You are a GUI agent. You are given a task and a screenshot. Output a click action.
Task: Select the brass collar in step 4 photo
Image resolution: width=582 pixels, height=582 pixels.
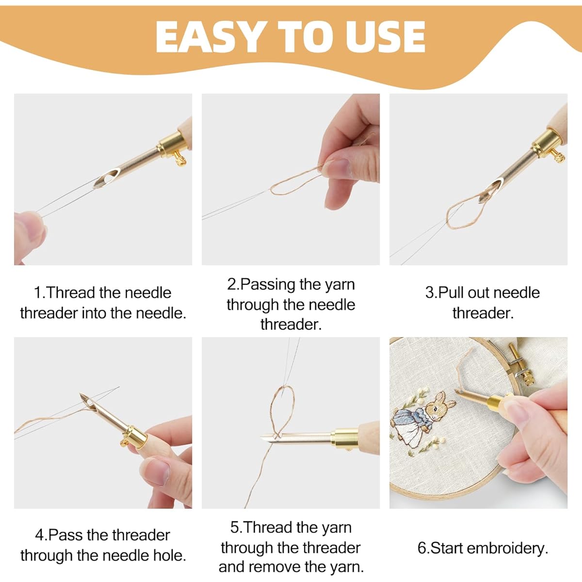click(x=135, y=436)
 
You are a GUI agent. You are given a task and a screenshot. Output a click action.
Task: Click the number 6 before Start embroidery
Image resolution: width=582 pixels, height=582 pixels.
click(x=422, y=548)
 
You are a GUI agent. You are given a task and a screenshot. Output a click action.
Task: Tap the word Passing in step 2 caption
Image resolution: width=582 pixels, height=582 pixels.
click(x=268, y=285)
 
